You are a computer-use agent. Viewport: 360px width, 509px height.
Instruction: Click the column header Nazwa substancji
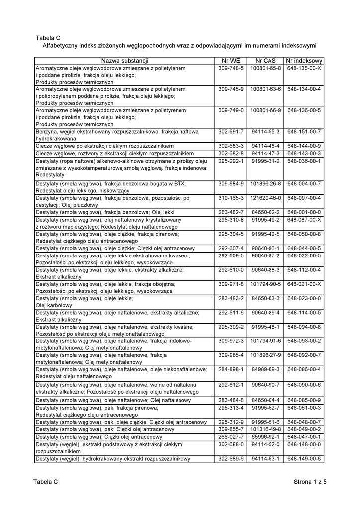point(125,61)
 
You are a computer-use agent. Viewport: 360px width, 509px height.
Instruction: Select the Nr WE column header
point(231,61)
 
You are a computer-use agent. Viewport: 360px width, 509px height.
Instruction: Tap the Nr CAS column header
point(266,61)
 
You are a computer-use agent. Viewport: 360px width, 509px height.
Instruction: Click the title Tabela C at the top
point(48,37)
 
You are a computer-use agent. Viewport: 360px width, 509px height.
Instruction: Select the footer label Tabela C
point(46,482)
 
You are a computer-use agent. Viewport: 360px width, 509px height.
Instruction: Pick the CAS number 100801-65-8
point(266,68)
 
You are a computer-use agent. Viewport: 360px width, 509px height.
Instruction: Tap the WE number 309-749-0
point(231,110)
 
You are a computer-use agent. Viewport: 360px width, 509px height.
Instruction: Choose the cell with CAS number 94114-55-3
point(266,132)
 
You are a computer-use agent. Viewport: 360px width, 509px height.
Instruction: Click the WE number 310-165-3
point(231,198)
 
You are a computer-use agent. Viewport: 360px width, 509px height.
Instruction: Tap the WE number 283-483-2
point(231,299)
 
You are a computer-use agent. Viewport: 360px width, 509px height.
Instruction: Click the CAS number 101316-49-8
point(266,429)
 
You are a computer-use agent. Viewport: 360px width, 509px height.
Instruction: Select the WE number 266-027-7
point(231,437)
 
